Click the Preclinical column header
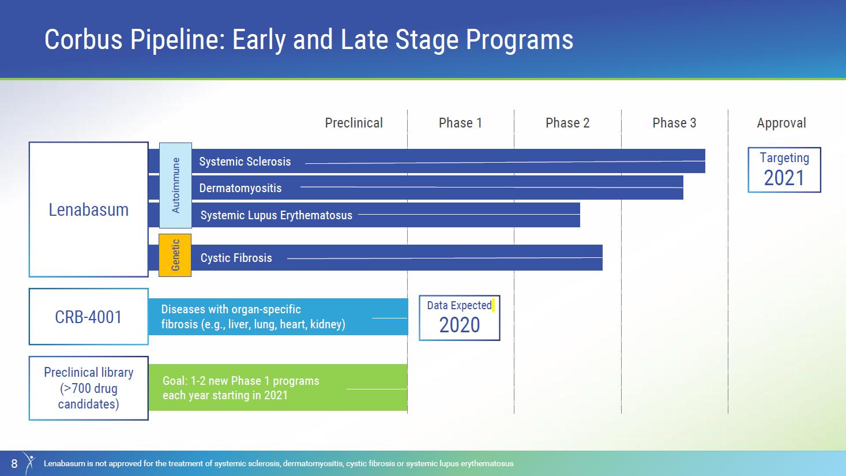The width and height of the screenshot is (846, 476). [x=354, y=123]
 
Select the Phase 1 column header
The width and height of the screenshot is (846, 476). [x=460, y=123]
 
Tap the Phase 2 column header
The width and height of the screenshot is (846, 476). [x=567, y=123]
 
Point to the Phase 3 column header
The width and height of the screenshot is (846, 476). [x=674, y=123]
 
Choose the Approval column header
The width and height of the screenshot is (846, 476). [x=781, y=123]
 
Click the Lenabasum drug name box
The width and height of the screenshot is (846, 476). [x=89, y=209]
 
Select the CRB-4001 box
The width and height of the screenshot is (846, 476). [x=89, y=317]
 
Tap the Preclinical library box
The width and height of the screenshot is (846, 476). [x=89, y=388]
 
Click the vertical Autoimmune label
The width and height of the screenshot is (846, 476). [x=175, y=185]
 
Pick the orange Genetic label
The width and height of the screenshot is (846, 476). [x=175, y=256]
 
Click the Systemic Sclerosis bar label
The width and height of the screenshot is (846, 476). [x=245, y=162]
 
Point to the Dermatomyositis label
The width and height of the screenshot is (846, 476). [x=240, y=188]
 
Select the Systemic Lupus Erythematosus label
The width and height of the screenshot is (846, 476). [x=276, y=215]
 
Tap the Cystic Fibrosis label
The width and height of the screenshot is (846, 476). [x=236, y=258]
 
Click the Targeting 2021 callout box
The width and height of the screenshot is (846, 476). [x=784, y=170]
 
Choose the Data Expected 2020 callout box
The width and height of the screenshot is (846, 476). [x=459, y=318]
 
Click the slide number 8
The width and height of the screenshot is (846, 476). [x=14, y=463]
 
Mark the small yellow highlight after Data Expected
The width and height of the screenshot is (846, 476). [x=493, y=305]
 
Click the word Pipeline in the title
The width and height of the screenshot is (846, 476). [x=177, y=40]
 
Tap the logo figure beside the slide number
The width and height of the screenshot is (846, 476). [x=29, y=463]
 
